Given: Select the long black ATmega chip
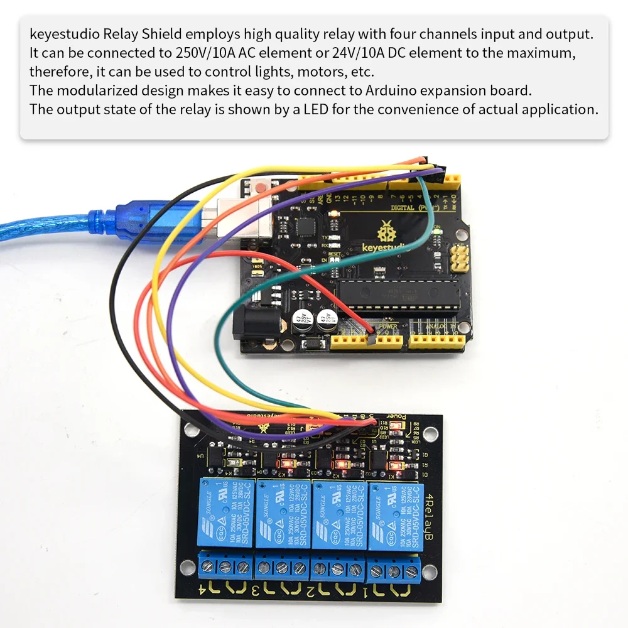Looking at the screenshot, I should [399, 295].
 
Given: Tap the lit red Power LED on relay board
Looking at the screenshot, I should [395, 425].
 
